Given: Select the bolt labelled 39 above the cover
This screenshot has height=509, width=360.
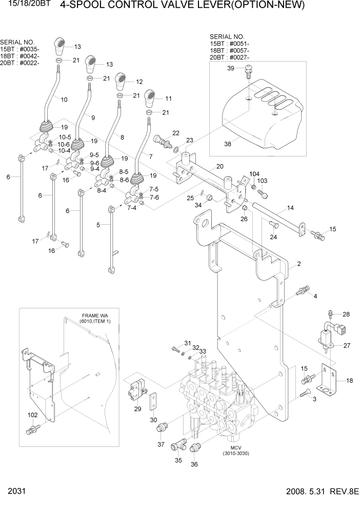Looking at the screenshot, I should click(249, 70).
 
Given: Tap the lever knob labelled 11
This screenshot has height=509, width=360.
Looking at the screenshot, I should click(150, 96).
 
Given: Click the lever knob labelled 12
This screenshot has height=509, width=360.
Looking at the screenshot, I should click(122, 80).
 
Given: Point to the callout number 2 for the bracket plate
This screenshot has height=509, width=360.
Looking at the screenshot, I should click(298, 264).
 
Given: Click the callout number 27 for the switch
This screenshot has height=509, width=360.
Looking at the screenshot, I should click(347, 345).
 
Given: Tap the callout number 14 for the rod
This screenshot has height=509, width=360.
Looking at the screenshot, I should click(290, 208).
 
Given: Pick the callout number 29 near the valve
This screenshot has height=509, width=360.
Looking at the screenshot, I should click(137, 409).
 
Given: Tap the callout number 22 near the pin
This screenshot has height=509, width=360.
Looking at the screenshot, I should click(176, 133).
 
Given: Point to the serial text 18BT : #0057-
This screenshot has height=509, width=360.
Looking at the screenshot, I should click(230, 51).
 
